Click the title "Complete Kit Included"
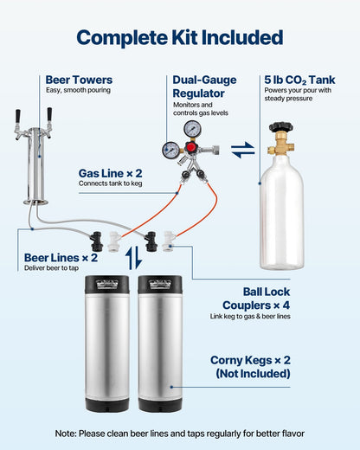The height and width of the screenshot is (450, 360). (x=179, y=37)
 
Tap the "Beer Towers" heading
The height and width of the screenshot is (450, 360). (x=79, y=80)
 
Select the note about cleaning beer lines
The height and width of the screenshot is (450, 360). (x=179, y=433)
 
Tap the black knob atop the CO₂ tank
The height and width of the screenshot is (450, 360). (x=280, y=128)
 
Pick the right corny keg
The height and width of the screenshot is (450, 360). (x=159, y=342)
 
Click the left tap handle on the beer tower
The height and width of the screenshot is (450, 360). (x=17, y=117)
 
